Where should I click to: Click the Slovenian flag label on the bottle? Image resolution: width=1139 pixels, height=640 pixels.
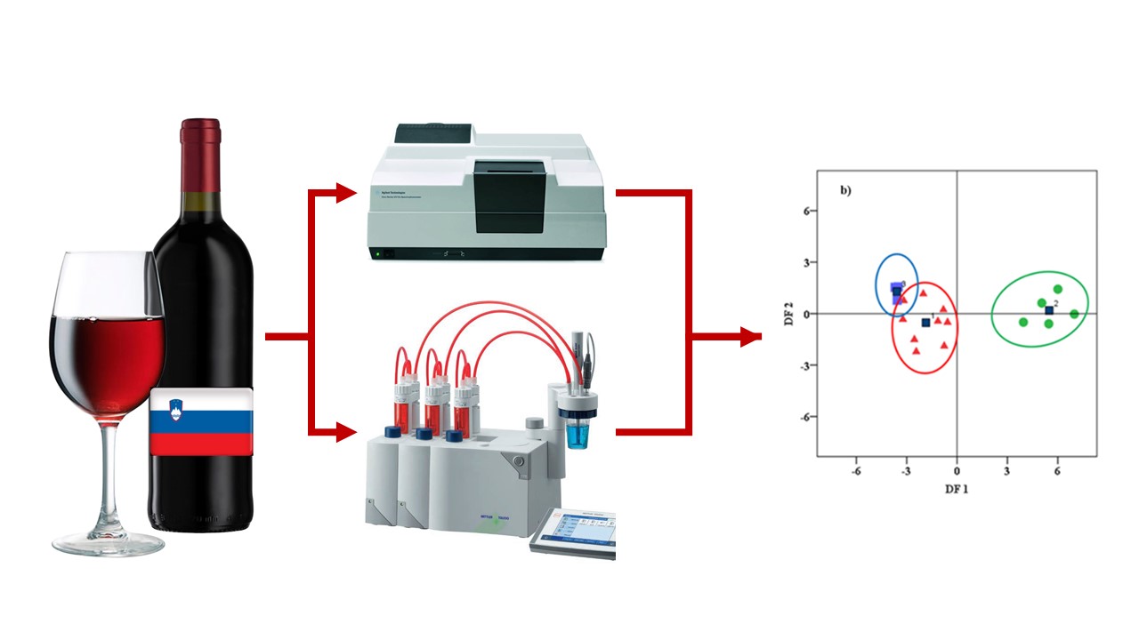click(x=201, y=421)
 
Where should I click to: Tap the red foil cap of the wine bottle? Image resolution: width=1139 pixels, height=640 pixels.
click(x=200, y=142)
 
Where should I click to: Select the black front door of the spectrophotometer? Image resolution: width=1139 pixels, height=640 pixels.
click(x=509, y=197)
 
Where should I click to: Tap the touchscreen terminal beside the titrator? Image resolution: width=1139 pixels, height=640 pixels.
click(x=572, y=532)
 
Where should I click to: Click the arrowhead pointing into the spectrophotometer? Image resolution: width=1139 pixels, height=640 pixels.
click(x=347, y=192)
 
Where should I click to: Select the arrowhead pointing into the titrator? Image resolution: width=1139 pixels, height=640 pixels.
click(x=347, y=433)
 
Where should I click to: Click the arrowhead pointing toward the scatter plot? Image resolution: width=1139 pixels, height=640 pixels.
click(x=752, y=336)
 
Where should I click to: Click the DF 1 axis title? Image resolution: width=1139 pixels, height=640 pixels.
click(x=957, y=488)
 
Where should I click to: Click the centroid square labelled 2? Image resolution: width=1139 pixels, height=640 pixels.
click(x=1048, y=310)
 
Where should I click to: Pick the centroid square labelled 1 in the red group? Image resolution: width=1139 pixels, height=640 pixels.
click(x=925, y=323)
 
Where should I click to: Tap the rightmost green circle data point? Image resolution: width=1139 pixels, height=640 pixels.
click(x=1074, y=314)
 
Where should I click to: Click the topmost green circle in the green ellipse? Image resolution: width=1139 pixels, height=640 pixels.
click(x=1057, y=289)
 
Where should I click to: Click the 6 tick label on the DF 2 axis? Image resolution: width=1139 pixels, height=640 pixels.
click(x=810, y=212)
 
